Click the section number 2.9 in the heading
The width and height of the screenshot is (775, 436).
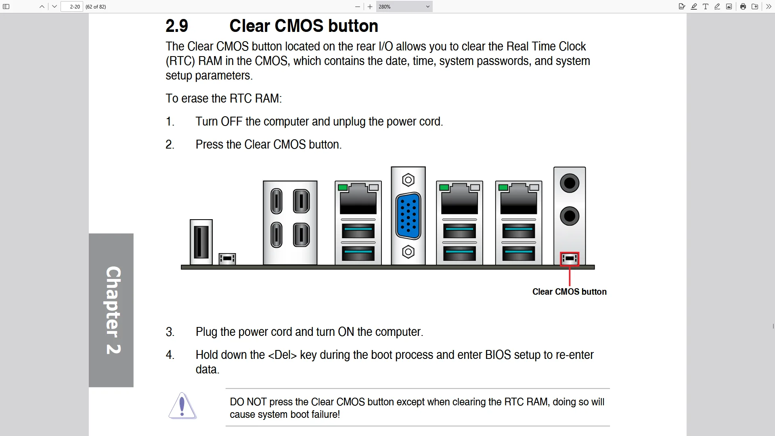pyautogui.click(x=177, y=26)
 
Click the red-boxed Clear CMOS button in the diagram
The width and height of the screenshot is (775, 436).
pyautogui.click(x=570, y=259)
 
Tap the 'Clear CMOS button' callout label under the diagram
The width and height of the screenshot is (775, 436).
pyautogui.click(x=569, y=292)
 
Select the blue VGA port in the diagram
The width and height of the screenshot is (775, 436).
pyautogui.click(x=408, y=216)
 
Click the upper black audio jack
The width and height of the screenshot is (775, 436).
pyautogui.click(x=570, y=183)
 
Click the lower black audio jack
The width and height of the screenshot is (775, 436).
pyautogui.click(x=570, y=216)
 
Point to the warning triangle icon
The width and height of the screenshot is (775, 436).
pyautogui.click(x=182, y=406)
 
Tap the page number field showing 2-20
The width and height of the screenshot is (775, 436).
pyautogui.click(x=72, y=7)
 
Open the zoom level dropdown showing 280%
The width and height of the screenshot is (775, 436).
pyautogui.click(x=404, y=7)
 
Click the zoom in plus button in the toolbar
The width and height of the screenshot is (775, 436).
pyautogui.click(x=370, y=7)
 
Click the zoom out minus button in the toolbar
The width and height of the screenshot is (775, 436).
pyautogui.click(x=357, y=7)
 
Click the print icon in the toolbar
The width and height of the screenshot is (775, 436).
pyautogui.click(x=743, y=6)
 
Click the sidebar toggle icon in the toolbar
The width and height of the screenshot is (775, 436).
pyautogui.click(x=6, y=7)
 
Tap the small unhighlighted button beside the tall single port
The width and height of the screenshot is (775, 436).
pyautogui.click(x=227, y=258)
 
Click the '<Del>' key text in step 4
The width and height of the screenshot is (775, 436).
pyautogui.click(x=282, y=355)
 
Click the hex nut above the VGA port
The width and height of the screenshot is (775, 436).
pyautogui.click(x=408, y=180)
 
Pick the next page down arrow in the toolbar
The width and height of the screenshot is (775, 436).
pyautogui.click(x=54, y=7)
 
